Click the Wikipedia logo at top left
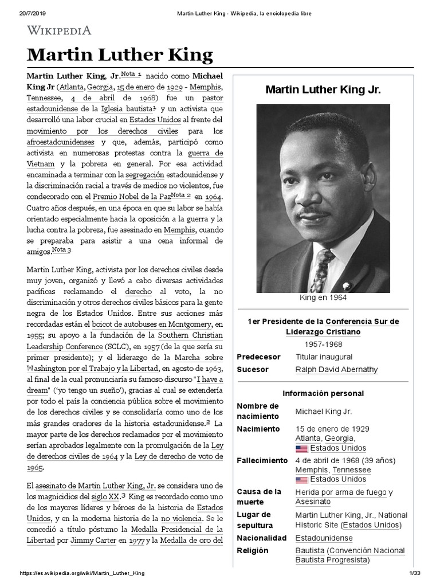(59, 30)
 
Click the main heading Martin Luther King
(120, 55)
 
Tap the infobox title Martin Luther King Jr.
(323, 90)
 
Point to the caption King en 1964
(323, 298)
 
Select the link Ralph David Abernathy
(336, 370)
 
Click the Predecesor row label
(258, 357)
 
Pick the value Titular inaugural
(324, 357)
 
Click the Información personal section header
(323, 394)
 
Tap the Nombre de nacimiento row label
(258, 411)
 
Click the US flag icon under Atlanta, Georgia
(301, 448)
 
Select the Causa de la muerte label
(259, 496)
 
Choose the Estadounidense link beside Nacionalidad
(324, 538)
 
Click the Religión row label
(252, 551)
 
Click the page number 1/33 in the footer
(415, 573)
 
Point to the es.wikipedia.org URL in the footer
(82, 573)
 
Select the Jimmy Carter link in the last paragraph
(93, 540)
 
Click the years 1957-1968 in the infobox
(323, 344)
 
